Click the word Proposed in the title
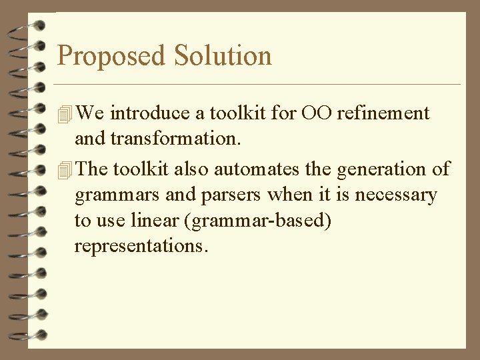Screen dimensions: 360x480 pos(112,56)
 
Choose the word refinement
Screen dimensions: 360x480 pos(383,113)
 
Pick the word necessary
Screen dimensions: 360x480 pos(400,195)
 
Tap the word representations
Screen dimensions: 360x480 pos(141,247)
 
